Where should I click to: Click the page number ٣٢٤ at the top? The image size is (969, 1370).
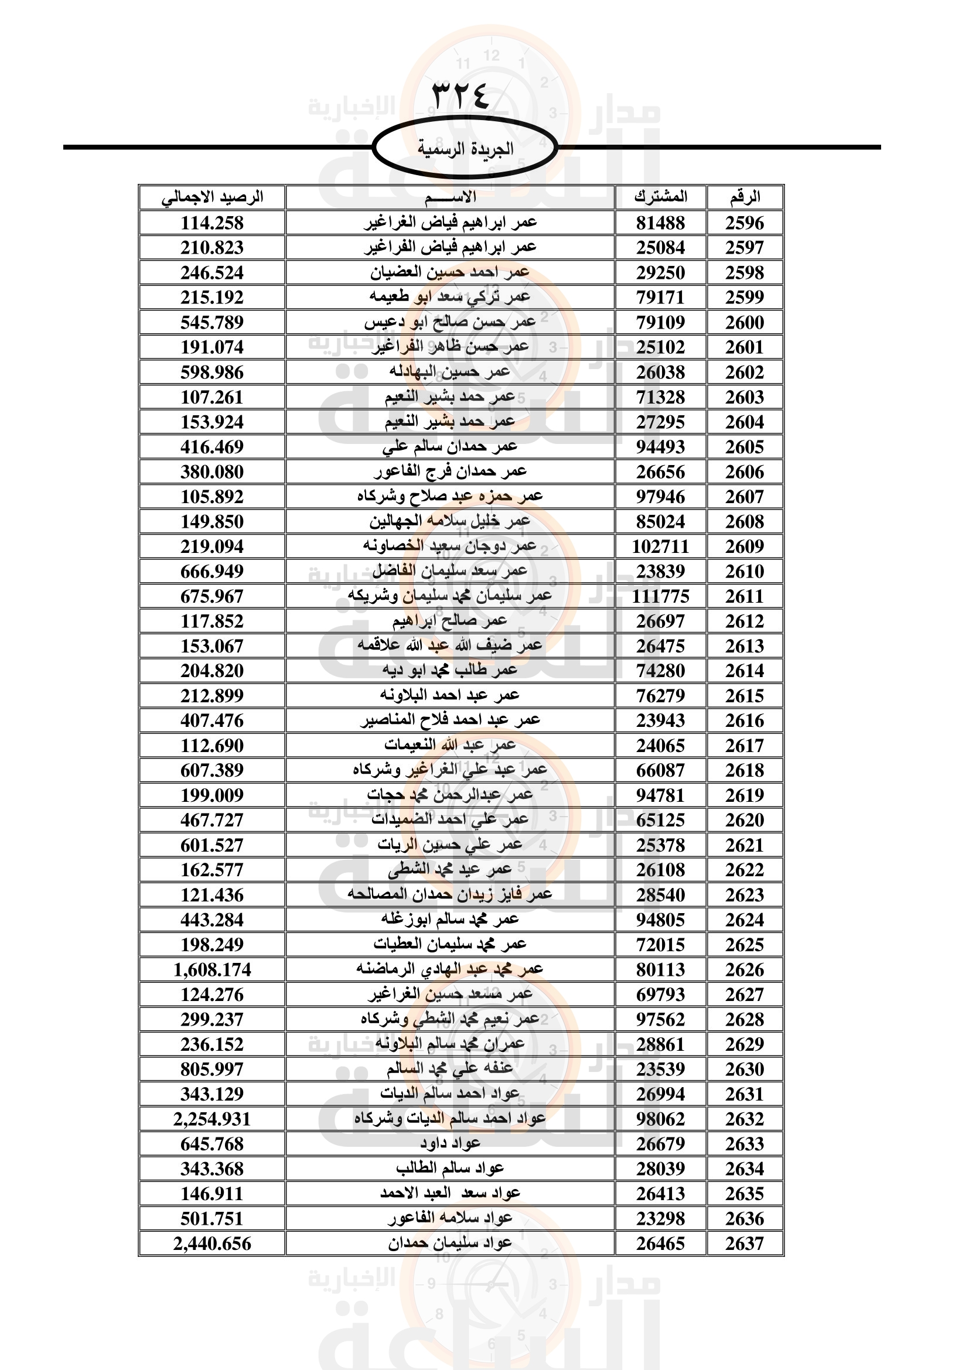(460, 95)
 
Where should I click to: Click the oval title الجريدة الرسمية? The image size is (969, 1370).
(465, 149)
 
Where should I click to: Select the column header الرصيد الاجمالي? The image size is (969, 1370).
(212, 197)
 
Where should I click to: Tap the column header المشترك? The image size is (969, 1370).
(660, 197)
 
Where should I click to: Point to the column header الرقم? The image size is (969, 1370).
(745, 197)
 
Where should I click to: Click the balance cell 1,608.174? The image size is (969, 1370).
(212, 969)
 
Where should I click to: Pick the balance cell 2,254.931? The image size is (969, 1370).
(212, 1119)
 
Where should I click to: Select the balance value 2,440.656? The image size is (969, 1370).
(212, 1243)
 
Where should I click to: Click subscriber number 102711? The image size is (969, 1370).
(660, 546)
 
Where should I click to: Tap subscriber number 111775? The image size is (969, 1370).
(660, 596)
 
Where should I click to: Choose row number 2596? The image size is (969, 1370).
(745, 223)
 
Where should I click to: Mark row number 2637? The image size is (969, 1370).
(745, 1243)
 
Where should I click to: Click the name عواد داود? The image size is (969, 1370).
(450, 1143)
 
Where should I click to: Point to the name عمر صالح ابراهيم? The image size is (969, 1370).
(450, 621)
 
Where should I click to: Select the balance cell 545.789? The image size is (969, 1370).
(212, 323)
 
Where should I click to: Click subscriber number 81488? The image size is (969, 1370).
(660, 223)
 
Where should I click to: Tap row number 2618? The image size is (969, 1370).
(745, 770)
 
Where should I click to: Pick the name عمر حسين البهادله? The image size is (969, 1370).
(450, 373)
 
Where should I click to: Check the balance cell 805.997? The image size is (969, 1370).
(212, 1070)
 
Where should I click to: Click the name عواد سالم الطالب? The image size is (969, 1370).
(450, 1169)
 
